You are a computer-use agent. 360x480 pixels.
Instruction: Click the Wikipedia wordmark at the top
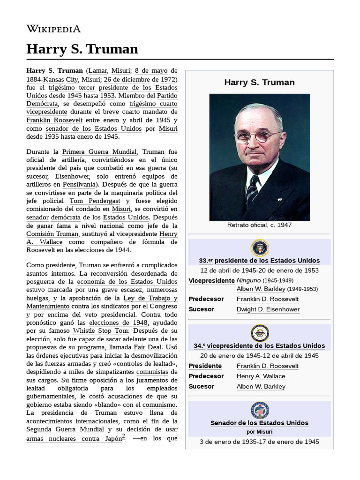(53, 29)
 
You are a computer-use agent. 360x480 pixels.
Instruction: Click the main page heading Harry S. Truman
(82, 49)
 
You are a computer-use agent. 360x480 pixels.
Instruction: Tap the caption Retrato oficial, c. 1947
(259, 225)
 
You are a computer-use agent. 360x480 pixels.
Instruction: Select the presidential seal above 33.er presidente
(259, 247)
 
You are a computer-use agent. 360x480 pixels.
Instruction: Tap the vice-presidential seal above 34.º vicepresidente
(259, 333)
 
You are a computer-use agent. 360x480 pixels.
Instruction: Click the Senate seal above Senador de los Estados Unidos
(259, 410)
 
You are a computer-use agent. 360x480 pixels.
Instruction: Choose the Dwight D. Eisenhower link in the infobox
(268, 309)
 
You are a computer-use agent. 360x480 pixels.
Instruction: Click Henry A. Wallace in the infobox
(261, 376)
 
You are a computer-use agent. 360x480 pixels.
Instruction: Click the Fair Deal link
(148, 347)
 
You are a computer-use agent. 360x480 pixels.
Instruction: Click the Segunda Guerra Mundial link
(65, 429)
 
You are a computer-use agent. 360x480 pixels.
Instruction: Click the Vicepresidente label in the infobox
(211, 281)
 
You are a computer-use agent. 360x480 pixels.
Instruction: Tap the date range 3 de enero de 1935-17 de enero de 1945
(259, 442)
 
